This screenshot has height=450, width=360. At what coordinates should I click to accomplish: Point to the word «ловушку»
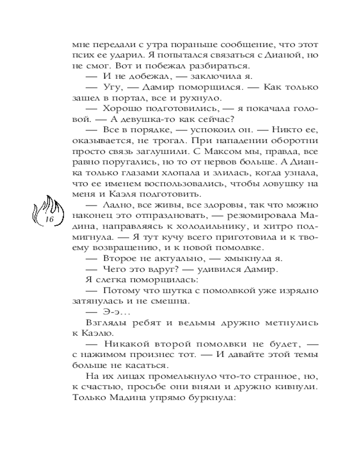283,184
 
